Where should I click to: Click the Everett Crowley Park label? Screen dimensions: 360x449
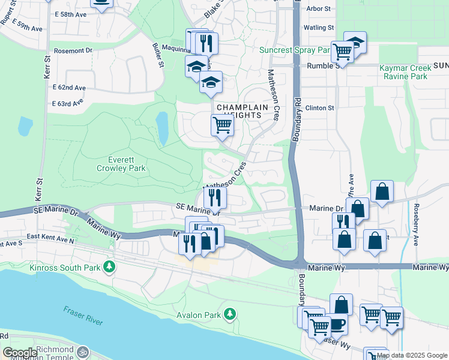coord(118,164)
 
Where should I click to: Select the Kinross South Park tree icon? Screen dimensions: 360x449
coord(109,266)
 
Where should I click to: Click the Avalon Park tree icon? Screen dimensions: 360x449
coord(229,314)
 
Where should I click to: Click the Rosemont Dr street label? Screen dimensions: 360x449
coord(73,51)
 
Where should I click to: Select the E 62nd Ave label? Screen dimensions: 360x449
coord(69,88)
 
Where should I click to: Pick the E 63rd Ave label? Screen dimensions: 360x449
coord(67,104)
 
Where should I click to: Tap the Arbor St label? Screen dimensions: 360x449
coord(319,9)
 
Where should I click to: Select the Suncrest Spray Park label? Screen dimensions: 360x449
coord(296,50)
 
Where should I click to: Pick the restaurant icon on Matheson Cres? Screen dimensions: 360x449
coord(214,196)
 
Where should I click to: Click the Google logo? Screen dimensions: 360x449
coord(19,353)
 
